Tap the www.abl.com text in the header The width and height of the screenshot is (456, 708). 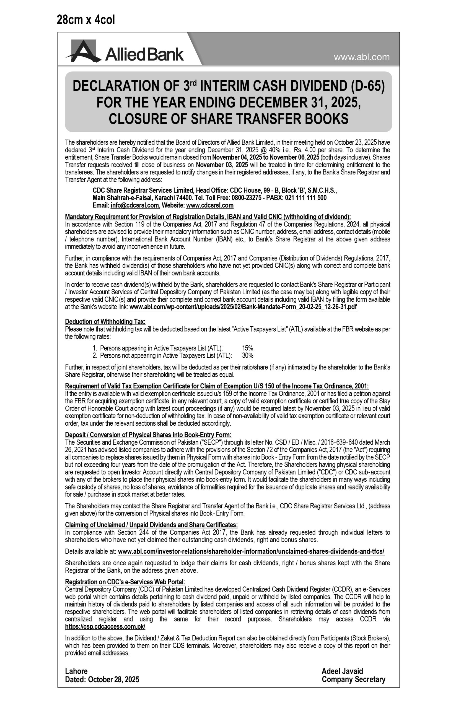click(x=362, y=57)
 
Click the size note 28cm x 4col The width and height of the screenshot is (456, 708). click(x=86, y=20)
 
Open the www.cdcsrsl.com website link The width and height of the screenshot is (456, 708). click(x=210, y=205)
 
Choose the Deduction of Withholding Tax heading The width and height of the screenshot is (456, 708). click(x=105, y=322)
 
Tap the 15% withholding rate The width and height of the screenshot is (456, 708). click(x=247, y=348)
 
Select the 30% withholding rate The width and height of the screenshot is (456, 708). click(x=248, y=355)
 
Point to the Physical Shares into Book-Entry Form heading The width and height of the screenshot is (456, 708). click(x=148, y=435)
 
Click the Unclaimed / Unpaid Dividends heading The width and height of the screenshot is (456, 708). click(x=151, y=525)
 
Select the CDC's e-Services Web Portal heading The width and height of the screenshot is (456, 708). click(x=125, y=582)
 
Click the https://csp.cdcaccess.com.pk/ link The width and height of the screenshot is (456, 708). click(x=105, y=627)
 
